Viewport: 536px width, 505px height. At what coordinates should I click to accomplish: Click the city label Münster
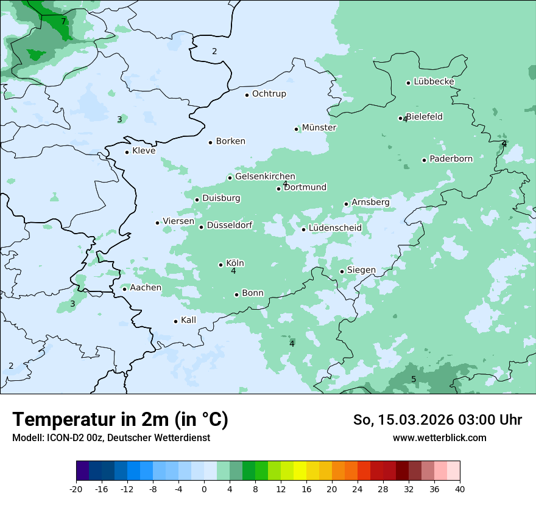(x=319, y=128)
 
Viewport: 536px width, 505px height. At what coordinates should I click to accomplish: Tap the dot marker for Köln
(x=220, y=265)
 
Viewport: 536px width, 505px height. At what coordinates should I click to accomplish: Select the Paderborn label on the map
(x=451, y=159)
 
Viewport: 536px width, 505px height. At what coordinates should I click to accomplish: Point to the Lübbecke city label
(x=434, y=82)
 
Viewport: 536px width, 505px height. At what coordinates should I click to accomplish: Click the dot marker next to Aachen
(x=124, y=289)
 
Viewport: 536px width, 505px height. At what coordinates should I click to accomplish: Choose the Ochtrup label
(x=269, y=94)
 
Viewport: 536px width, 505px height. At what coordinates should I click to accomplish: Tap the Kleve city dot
(x=127, y=152)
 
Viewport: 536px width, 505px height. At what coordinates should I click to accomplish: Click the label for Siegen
(x=361, y=270)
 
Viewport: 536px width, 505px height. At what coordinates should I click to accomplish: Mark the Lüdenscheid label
(x=335, y=228)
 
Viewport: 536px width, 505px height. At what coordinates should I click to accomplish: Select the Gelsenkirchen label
(x=265, y=176)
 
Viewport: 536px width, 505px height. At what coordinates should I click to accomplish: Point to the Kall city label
(x=188, y=320)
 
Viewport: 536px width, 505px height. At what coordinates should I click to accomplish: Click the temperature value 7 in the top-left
(x=63, y=22)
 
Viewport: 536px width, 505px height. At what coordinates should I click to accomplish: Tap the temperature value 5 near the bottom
(x=414, y=380)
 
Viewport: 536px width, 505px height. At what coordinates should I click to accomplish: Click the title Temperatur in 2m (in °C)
(x=120, y=420)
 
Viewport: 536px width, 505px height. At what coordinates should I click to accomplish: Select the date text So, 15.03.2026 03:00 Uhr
(x=437, y=420)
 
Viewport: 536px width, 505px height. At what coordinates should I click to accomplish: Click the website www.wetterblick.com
(x=439, y=437)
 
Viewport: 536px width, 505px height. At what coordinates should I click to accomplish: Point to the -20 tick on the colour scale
(x=76, y=489)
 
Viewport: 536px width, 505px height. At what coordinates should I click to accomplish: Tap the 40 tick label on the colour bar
(x=460, y=489)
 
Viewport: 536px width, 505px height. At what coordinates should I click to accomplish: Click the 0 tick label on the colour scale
(x=204, y=489)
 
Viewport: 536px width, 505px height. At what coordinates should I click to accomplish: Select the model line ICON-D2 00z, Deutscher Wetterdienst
(x=111, y=437)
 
